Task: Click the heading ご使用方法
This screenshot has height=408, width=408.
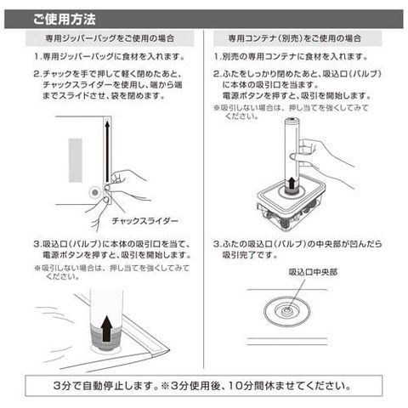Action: pos(65,20)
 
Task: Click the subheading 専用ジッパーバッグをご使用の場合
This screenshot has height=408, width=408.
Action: pos(110,38)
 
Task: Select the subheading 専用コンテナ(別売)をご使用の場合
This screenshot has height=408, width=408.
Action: pos(295,38)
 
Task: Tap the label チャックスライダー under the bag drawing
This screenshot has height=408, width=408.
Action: pos(145,221)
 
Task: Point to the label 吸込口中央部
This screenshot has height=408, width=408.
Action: pos(313,272)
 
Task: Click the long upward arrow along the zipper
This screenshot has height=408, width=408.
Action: pos(107,151)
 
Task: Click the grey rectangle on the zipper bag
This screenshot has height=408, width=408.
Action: pos(76,161)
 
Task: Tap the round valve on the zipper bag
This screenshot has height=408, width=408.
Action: pos(95,193)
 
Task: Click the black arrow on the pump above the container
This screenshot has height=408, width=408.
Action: pos(292,182)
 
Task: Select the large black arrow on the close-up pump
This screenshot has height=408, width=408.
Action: pos(106,328)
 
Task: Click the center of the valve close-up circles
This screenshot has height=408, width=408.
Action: pos(287,311)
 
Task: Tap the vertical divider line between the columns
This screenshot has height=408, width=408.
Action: pos(204,198)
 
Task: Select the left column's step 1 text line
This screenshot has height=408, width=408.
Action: pos(109,56)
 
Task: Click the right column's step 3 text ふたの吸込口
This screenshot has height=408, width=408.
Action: pos(297,249)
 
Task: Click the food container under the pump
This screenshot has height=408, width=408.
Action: pos(292,206)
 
